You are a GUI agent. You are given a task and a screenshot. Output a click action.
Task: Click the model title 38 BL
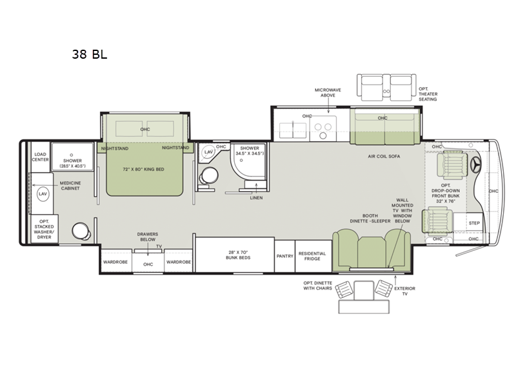(x=90, y=54)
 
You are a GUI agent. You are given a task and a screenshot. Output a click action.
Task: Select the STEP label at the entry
(x=474, y=223)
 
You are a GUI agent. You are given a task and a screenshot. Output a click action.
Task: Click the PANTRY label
(x=284, y=256)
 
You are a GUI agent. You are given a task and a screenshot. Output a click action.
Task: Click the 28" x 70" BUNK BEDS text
(x=233, y=255)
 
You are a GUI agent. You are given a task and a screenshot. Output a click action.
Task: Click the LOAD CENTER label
(x=41, y=157)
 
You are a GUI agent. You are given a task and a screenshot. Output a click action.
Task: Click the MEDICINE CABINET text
(x=70, y=186)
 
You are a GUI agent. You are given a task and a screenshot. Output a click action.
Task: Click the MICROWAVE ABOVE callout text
(x=327, y=94)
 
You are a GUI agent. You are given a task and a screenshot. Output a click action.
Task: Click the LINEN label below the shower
(x=256, y=197)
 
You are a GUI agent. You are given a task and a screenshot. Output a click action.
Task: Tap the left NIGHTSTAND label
(x=114, y=148)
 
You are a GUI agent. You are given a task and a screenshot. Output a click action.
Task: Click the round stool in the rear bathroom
(x=80, y=230)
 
